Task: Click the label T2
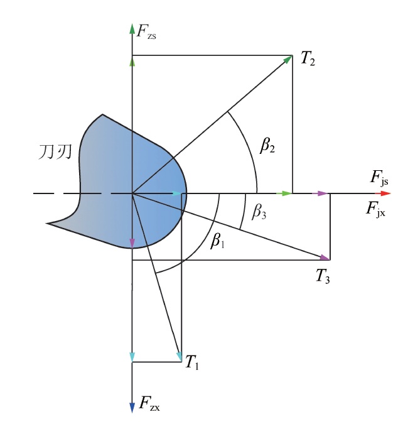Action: pyautogui.click(x=308, y=58)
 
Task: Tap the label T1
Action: pyautogui.click(x=191, y=362)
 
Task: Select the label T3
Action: pyautogui.click(x=323, y=276)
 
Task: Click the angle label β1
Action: pyautogui.click(x=217, y=241)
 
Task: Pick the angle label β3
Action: pyautogui.click(x=259, y=212)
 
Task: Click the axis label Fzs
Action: pyautogui.click(x=146, y=32)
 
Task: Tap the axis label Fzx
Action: pyautogui.click(x=149, y=403)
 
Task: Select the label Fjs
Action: pyautogui.click(x=379, y=178)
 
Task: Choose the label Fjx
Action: pyautogui.click(x=376, y=209)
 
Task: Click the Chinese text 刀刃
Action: pyautogui.click(x=55, y=152)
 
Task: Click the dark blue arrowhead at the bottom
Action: pyautogui.click(x=132, y=407)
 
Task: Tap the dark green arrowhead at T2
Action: pyautogui.click(x=287, y=60)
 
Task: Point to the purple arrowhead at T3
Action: pyautogui.click(x=325, y=257)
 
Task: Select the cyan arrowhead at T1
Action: pyautogui.click(x=179, y=357)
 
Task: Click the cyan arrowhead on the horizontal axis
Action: pyautogui.click(x=177, y=193)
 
